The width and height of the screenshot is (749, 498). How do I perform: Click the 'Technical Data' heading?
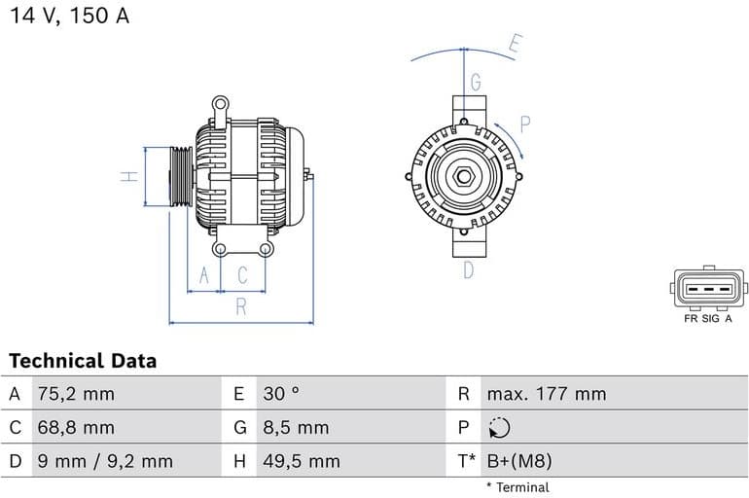[x=83, y=361]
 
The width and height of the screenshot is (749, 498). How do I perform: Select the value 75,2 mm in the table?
[x=75, y=394]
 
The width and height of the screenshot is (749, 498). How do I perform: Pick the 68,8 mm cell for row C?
[x=75, y=427]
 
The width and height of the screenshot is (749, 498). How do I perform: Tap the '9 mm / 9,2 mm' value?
[x=104, y=461]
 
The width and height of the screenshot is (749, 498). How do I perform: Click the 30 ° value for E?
[x=281, y=394]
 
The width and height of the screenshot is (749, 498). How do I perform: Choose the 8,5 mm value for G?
[x=296, y=427]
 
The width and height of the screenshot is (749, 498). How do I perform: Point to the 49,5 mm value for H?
[x=301, y=461]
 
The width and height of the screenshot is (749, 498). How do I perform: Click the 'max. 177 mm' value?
[x=546, y=394]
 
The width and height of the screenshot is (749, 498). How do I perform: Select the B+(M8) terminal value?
[x=518, y=461]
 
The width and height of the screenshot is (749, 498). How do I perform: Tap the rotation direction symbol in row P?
[x=499, y=428]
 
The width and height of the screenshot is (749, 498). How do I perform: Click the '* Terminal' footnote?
[x=517, y=487]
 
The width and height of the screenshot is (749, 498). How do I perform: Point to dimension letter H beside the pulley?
[x=126, y=177]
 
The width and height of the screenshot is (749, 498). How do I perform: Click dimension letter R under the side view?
[x=240, y=308]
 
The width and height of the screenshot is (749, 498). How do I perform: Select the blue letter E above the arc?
[x=516, y=43]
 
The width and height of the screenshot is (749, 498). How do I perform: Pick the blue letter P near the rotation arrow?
[x=524, y=124]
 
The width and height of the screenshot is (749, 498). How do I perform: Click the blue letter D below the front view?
[x=468, y=270]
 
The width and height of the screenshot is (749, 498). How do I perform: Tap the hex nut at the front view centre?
[x=464, y=178]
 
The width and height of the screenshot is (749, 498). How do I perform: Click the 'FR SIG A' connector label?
[x=708, y=318]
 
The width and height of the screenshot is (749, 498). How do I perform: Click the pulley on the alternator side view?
[x=180, y=177]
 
